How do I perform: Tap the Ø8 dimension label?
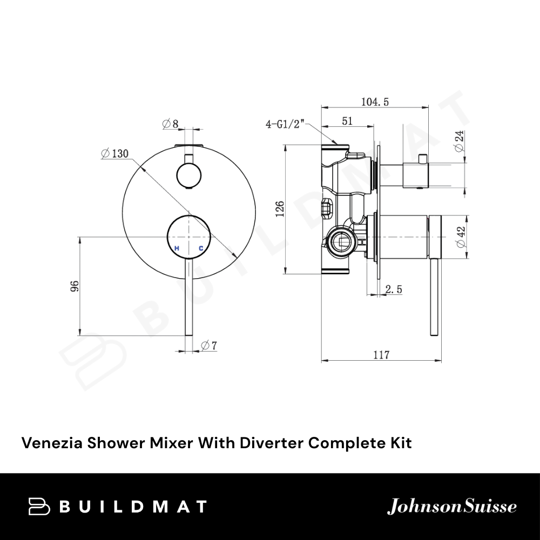coord(170,124)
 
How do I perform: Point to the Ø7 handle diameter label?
coord(208,345)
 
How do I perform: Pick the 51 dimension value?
coord(347,122)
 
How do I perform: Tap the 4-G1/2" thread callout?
coord(286,125)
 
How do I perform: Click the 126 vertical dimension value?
coord(280,209)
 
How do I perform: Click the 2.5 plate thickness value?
coord(393,290)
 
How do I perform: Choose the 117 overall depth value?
coord(381,355)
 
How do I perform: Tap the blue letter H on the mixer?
coord(177,248)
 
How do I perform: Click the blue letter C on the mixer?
coord(201,248)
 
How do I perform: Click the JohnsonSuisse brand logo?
coord(452,507)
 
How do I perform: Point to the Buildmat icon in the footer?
coord(39,507)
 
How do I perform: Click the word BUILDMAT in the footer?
coord(132,507)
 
